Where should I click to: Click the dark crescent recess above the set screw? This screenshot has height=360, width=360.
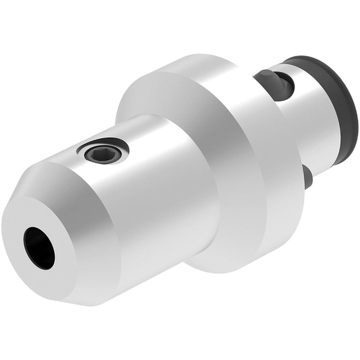(x=108, y=141)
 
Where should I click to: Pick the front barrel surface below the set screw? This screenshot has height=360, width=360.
(x=158, y=202)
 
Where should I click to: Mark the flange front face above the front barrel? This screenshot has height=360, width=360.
(x=151, y=94)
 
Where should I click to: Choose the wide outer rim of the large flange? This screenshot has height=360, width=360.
(x=252, y=144)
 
